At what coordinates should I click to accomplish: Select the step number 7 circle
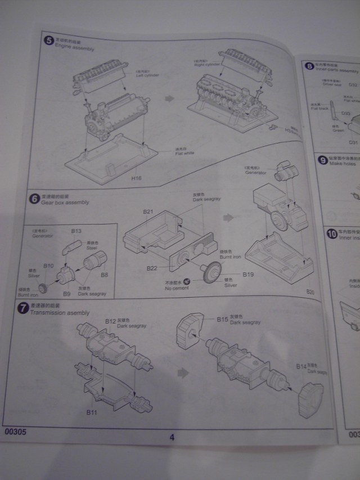23,308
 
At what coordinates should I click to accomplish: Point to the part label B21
148,212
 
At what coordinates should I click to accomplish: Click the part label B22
151,268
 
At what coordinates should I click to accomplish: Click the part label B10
48,265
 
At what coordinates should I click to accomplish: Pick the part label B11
92,412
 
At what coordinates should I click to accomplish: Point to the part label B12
110,321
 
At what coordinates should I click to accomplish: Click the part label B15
223,319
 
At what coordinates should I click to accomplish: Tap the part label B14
300,366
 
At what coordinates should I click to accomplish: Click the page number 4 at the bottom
172,437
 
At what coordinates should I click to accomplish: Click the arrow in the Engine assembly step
169,97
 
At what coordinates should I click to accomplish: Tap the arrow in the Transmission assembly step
183,372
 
